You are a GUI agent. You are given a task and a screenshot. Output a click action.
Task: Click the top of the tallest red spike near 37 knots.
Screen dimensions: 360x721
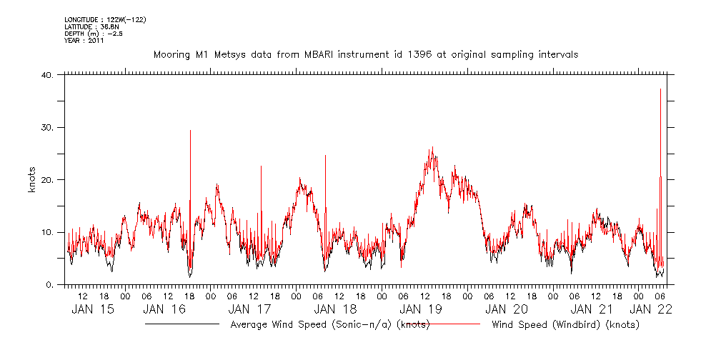coord(660,89)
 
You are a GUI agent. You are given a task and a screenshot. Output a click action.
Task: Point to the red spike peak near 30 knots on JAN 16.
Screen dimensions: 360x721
coord(190,131)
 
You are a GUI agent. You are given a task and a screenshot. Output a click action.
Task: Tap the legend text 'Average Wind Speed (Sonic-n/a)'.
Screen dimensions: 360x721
coord(299,325)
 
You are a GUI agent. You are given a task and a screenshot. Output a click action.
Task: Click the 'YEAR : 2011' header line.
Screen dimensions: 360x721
coord(84,41)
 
